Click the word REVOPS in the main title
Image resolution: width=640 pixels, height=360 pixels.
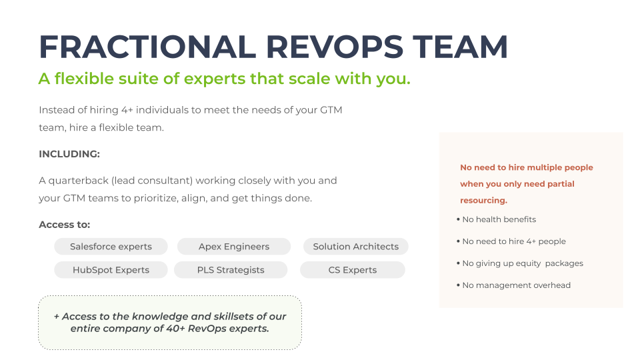(x=335, y=47)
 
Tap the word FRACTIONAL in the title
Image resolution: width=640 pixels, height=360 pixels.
(x=147, y=47)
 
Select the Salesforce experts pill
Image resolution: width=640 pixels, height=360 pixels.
(x=111, y=247)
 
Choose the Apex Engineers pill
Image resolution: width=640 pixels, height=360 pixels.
(x=234, y=247)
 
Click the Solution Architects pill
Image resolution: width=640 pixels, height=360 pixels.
(x=356, y=247)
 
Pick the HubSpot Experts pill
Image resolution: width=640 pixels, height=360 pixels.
(x=111, y=270)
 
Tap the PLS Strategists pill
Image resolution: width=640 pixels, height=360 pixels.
(x=231, y=270)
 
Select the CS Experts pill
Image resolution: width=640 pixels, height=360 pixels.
(x=353, y=270)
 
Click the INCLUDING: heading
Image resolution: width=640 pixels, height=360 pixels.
(x=69, y=154)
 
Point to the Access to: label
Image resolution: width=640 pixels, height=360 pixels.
(x=65, y=225)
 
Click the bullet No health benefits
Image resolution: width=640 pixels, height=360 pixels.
(x=496, y=219)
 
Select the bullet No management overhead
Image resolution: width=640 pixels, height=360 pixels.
(x=513, y=285)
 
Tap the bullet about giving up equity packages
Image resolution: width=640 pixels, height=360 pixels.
(x=520, y=263)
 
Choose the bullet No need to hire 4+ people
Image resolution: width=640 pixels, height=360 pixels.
(x=511, y=241)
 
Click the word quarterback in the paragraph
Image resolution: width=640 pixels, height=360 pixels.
(x=78, y=181)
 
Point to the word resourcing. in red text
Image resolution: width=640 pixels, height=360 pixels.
(x=484, y=201)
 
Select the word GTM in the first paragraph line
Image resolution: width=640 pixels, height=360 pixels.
(x=331, y=110)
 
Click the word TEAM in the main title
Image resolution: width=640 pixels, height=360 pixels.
(x=461, y=47)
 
